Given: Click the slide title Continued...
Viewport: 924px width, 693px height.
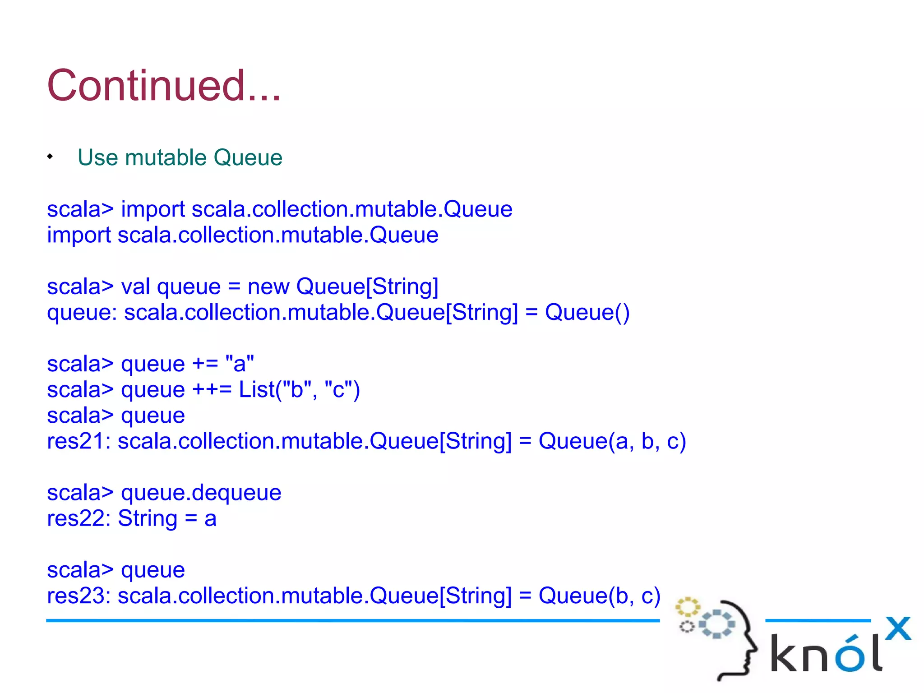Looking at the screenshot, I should (163, 86).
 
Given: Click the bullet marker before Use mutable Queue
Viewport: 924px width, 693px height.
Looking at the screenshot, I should (50, 157).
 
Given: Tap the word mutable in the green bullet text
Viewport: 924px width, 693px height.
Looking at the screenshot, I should (166, 157).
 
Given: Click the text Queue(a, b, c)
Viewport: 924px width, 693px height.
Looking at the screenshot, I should (612, 441).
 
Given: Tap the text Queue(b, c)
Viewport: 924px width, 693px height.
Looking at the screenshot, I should (599, 596).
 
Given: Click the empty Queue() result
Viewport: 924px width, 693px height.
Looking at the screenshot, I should (587, 312).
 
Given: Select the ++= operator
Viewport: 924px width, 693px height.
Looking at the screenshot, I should (211, 389).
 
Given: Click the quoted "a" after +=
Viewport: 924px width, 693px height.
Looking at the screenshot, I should (240, 364).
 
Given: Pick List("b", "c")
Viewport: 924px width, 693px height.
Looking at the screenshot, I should (299, 389).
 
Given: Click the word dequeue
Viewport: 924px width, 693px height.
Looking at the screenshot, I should (236, 493).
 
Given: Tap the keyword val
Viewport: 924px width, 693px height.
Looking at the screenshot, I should (135, 287).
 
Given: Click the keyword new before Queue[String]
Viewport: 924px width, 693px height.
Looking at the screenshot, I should (268, 287).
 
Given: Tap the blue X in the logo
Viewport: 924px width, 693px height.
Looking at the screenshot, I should (898, 628).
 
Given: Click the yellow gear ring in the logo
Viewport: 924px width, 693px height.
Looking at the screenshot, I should (687, 607).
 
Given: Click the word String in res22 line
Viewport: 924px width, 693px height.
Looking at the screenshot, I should (147, 518).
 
